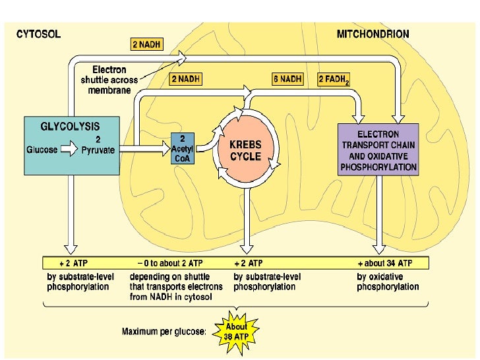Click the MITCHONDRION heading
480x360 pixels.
coord(373,34)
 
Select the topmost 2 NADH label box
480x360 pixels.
coord(148,45)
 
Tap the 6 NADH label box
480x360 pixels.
coord(287,79)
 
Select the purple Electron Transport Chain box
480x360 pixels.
coord(378,149)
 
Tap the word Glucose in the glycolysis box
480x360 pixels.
coord(42,150)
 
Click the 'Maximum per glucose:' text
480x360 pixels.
coord(165,332)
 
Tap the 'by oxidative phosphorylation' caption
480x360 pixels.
coord(388,282)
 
